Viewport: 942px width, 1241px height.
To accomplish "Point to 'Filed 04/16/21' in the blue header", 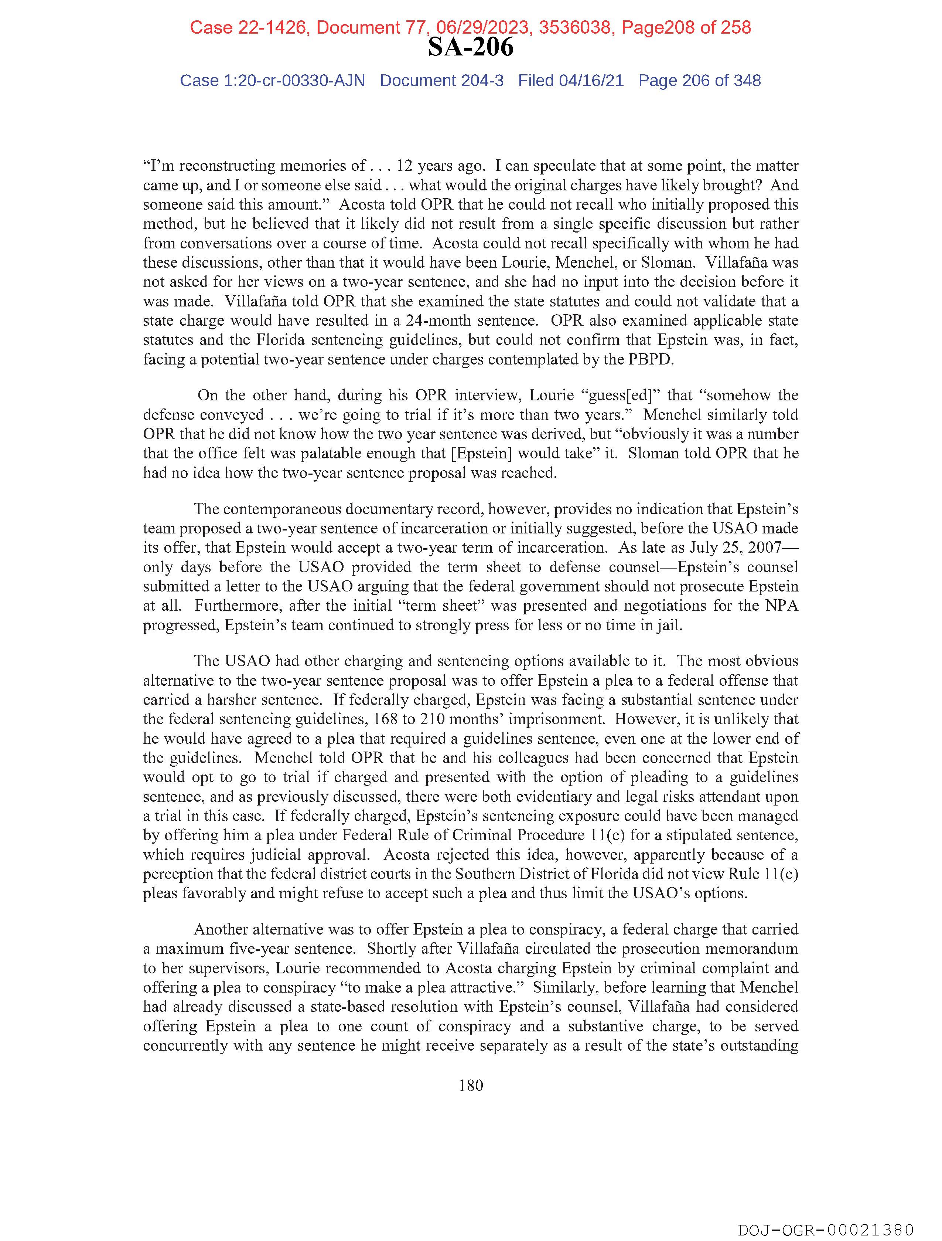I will click(570, 81).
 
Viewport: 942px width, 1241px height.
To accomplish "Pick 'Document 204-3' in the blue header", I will click(441, 81).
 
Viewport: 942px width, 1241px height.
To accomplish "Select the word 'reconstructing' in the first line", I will click(227, 166).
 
